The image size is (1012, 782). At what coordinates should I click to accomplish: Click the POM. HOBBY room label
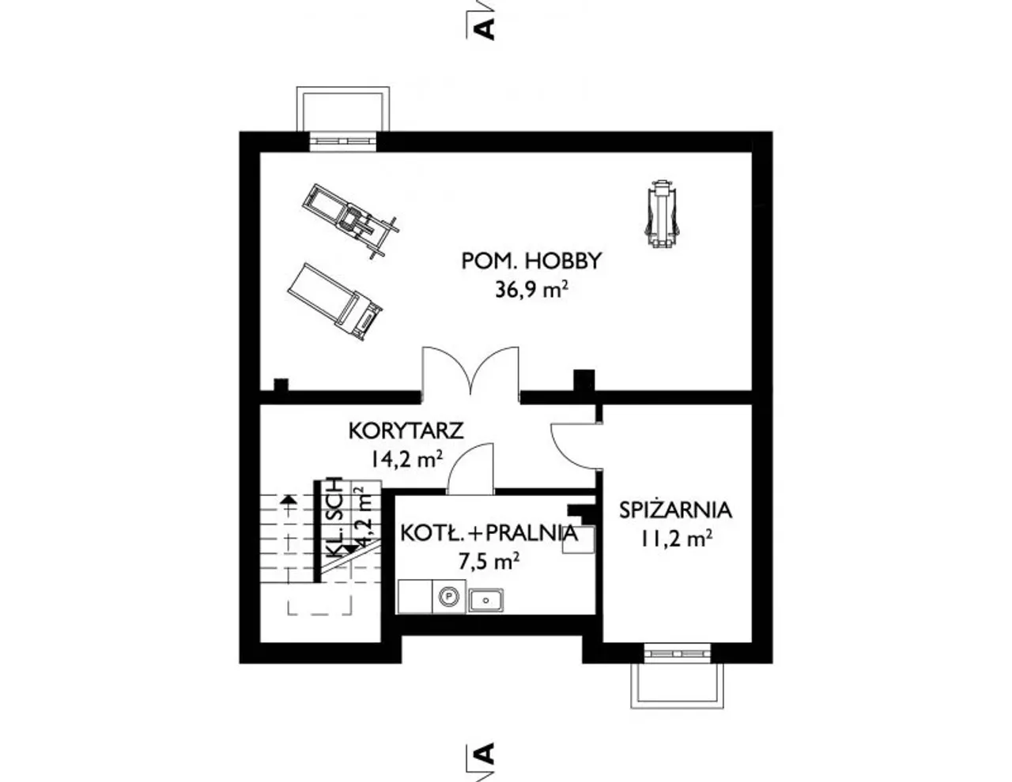[x=531, y=261]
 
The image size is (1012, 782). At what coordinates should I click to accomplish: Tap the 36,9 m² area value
[x=531, y=291]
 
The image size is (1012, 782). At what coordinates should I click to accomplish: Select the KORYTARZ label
[x=406, y=430]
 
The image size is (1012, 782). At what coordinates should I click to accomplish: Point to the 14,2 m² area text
[x=406, y=460]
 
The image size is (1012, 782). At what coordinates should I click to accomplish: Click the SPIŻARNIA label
[x=676, y=510]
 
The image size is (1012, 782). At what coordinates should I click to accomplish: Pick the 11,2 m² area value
[x=676, y=540]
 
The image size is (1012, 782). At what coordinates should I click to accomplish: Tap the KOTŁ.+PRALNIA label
[x=489, y=533]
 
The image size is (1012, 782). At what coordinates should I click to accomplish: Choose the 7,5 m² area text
[x=489, y=562]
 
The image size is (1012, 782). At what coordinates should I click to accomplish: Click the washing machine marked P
[x=449, y=596]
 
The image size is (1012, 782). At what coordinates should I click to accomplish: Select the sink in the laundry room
[x=485, y=600]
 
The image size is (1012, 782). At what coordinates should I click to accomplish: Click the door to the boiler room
[x=470, y=468]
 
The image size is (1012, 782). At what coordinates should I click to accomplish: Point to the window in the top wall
[x=343, y=141]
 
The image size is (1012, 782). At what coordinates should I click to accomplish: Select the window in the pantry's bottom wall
[x=677, y=653]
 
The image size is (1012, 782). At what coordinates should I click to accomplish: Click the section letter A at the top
[x=485, y=29]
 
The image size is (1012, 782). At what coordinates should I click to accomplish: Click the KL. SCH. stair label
[x=335, y=517]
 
